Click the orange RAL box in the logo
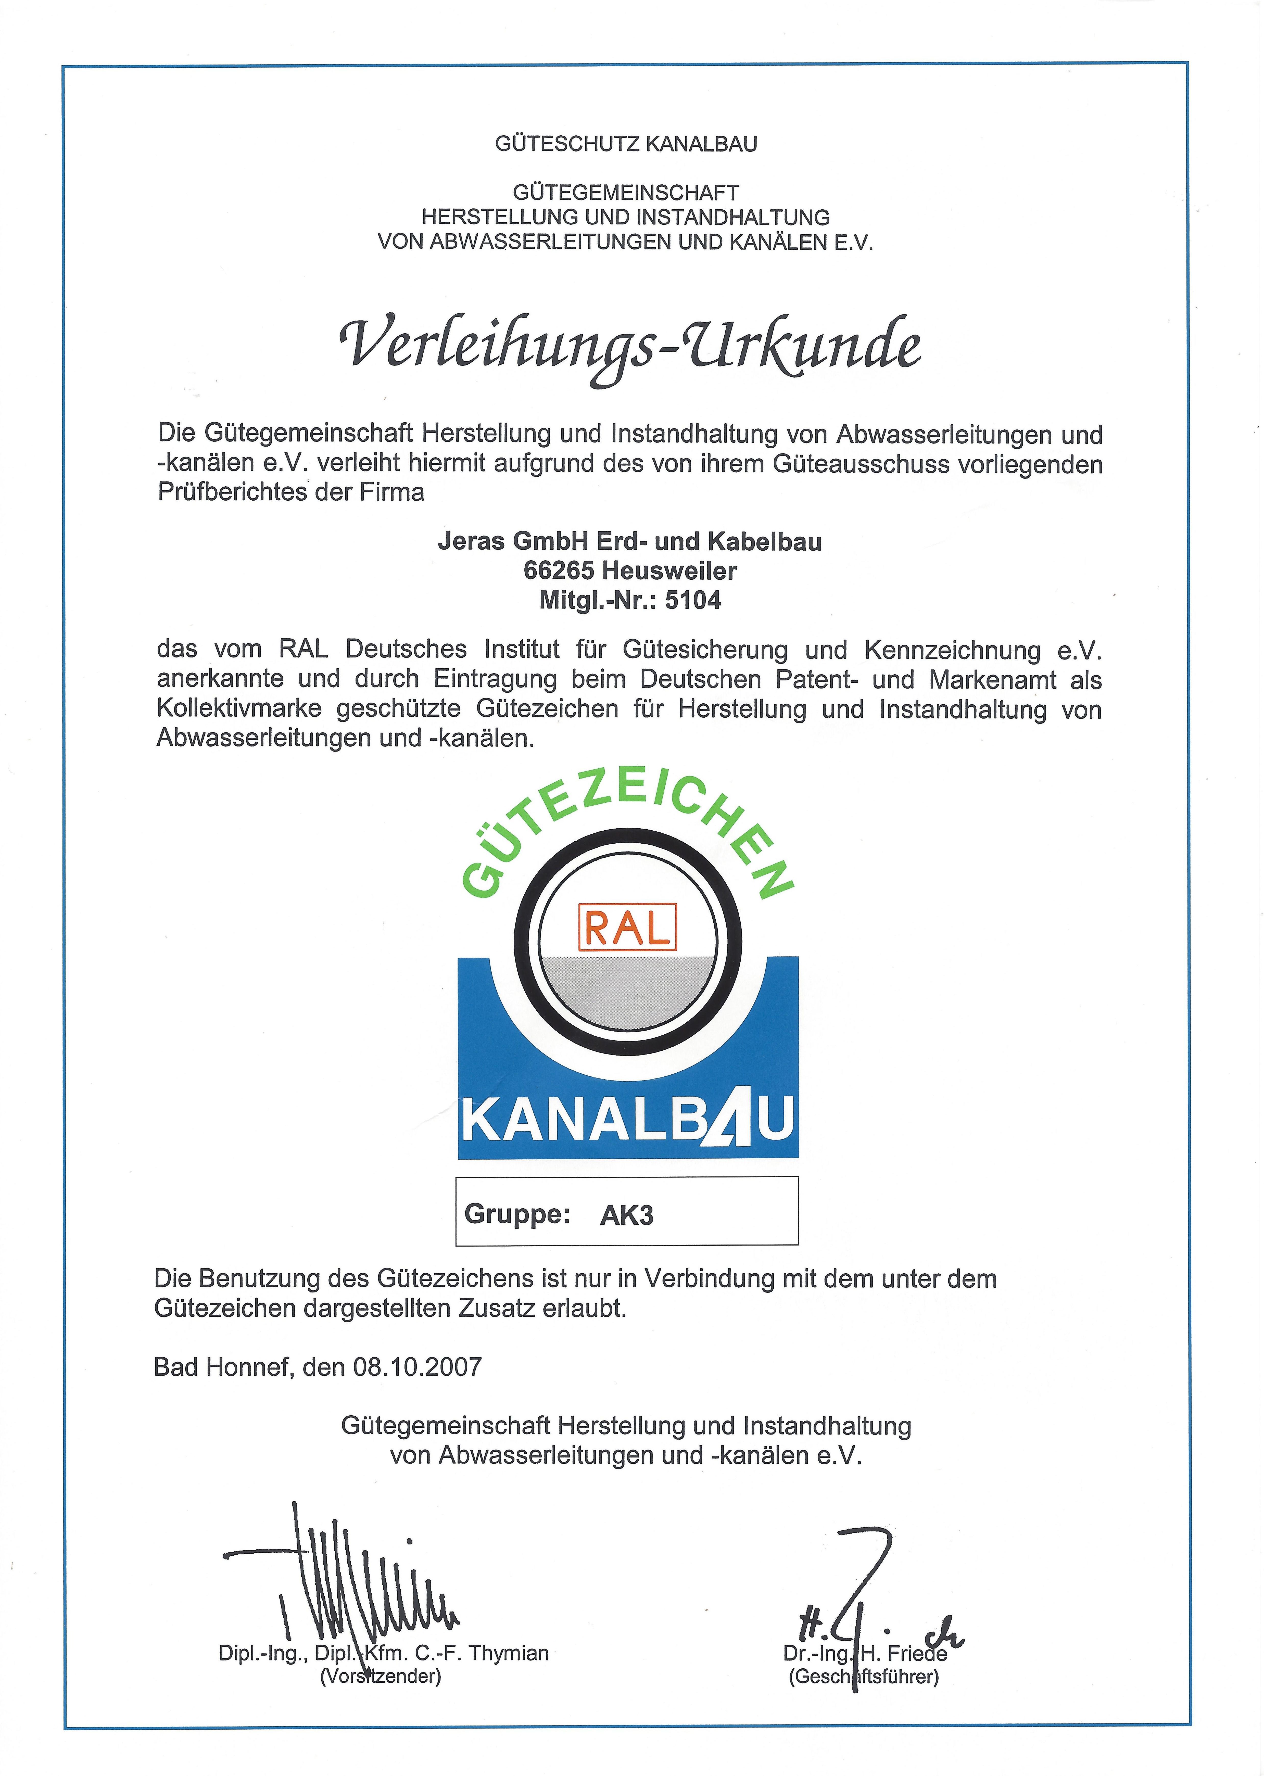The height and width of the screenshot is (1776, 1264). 627,927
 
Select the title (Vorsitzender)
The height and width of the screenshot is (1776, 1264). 381,1676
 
